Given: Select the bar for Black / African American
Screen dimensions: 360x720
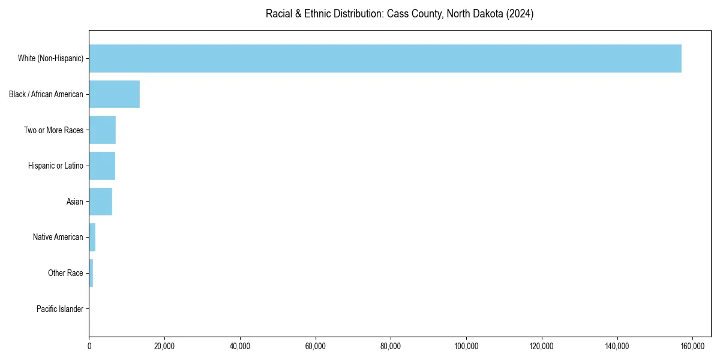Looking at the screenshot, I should point(115,94).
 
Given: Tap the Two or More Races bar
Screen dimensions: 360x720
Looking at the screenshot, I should point(103,130).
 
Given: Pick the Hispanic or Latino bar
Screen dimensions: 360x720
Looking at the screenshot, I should point(102,166).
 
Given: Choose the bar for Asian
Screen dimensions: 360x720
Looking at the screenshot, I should point(101,202).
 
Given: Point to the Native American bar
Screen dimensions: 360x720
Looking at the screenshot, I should point(92,237).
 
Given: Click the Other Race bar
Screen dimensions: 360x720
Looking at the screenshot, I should point(91,273).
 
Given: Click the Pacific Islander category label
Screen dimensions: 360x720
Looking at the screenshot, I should point(59,309).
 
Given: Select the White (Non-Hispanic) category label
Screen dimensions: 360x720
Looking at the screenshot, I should point(50,58).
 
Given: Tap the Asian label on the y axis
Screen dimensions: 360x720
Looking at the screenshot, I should point(75,202).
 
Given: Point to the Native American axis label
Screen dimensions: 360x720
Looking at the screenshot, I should point(58,237).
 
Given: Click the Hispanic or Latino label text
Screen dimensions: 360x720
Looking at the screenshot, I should point(56,166).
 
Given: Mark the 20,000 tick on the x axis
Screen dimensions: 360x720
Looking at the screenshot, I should point(164,346).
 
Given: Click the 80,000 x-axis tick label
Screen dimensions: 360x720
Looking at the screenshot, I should point(391,346).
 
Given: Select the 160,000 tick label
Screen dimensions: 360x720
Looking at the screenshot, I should point(692,346).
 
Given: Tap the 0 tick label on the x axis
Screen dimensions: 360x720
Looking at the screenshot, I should point(89,346).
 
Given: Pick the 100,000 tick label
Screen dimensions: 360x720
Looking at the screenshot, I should point(466,346).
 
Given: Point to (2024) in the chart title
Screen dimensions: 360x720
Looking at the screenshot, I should point(520,14).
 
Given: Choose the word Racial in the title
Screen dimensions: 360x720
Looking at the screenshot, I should point(279,14).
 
